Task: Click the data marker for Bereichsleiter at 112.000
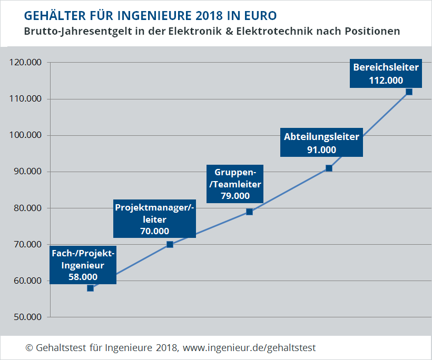click(409, 92)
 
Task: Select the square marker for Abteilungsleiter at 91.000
click(329, 168)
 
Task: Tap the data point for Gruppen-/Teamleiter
click(249, 212)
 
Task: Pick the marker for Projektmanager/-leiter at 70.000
click(170, 244)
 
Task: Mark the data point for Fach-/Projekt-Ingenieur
click(90, 288)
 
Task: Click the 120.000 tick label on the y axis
click(26, 63)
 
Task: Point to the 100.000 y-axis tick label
click(26, 135)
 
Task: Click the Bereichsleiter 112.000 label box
click(386, 74)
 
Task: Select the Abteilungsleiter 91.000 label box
click(321, 143)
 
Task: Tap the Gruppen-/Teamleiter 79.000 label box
click(234, 184)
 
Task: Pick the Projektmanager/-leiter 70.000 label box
click(154, 219)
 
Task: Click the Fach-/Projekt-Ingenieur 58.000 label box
click(83, 265)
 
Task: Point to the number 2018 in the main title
click(211, 13)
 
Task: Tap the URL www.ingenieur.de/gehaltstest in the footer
click(249, 348)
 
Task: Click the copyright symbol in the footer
click(29, 348)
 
